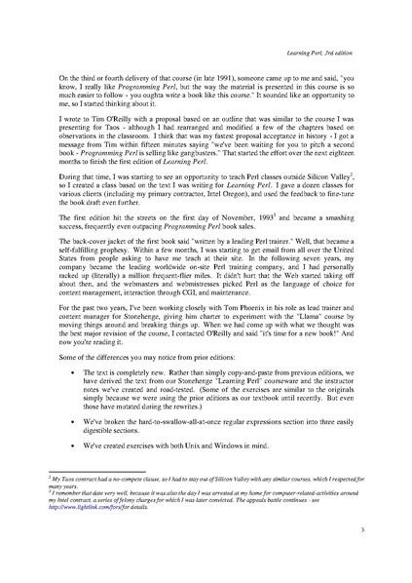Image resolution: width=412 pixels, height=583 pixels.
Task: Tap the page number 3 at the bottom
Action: [x=361, y=557]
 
